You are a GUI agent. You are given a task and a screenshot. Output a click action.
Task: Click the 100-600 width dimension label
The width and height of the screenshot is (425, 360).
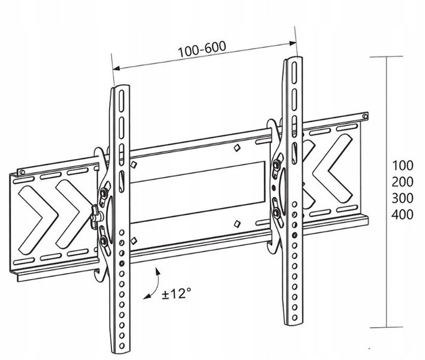tap(201, 49)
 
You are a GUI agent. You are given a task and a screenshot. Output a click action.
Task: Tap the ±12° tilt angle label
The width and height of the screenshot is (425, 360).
tap(176, 293)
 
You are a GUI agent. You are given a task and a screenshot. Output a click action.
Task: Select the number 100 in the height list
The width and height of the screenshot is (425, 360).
tap(403, 165)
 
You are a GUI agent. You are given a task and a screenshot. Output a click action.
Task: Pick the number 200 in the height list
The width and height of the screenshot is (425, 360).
tap(403, 182)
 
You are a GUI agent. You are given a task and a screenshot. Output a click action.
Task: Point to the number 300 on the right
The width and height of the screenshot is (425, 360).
tap(403, 198)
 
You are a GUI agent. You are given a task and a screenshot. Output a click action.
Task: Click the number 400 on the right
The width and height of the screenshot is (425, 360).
tap(403, 215)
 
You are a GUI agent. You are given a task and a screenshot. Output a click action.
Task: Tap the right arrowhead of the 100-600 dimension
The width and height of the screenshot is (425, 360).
tap(293, 43)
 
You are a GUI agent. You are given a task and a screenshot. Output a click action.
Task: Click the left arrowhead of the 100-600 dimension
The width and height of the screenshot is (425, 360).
tap(116, 68)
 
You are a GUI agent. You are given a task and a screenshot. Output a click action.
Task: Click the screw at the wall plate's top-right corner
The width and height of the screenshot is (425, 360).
tap(365, 116)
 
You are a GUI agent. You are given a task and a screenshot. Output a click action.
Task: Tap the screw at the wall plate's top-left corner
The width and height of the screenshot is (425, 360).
tap(22, 172)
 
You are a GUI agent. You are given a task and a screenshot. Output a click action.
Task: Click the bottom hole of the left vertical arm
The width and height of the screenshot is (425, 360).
tap(122, 346)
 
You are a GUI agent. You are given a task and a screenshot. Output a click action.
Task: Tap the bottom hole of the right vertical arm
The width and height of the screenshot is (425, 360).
tap(295, 317)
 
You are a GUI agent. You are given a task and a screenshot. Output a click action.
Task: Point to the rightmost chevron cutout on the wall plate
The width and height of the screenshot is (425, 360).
tap(331, 168)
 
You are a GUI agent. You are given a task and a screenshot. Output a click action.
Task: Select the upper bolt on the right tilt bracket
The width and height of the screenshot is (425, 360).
tap(277, 164)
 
